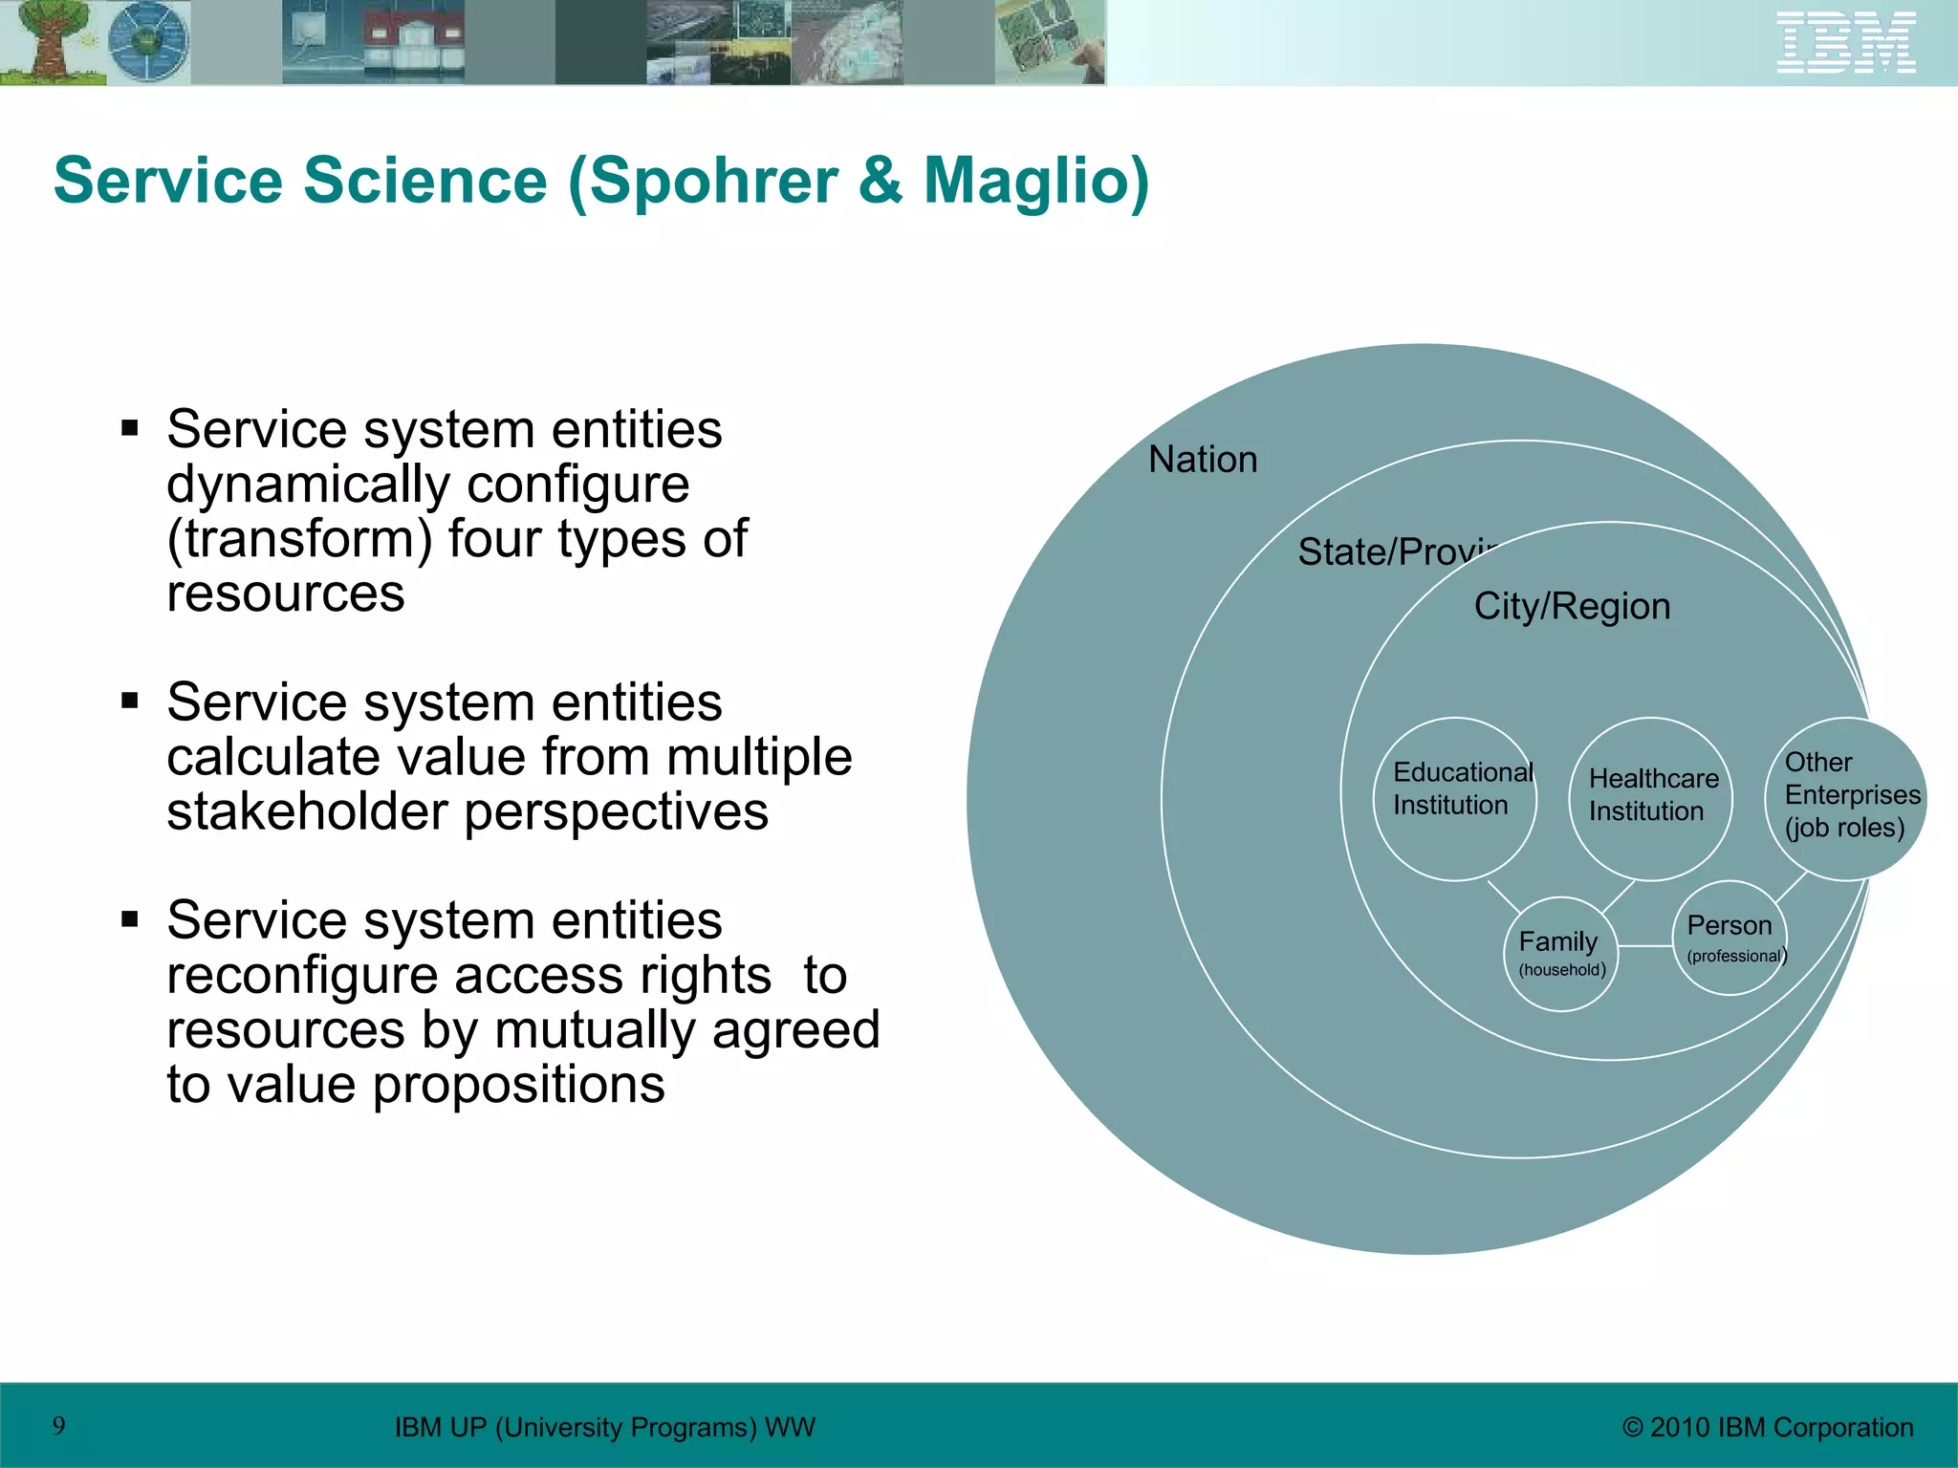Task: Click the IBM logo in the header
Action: (1845, 43)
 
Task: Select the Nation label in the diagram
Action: (1203, 460)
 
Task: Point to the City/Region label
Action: (1572, 606)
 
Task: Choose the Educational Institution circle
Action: (1455, 798)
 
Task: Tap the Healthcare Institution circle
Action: (1651, 798)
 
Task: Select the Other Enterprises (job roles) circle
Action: (1845, 798)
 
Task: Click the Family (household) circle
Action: (1561, 954)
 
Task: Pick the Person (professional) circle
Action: (1730, 938)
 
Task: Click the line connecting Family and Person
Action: (1644, 946)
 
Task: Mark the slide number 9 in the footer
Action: (59, 1426)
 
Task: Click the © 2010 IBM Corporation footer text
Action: (1768, 1427)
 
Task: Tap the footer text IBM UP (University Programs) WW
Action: (604, 1427)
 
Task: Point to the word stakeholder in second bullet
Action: (306, 811)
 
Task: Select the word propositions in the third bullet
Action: (518, 1085)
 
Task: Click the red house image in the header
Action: (413, 43)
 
